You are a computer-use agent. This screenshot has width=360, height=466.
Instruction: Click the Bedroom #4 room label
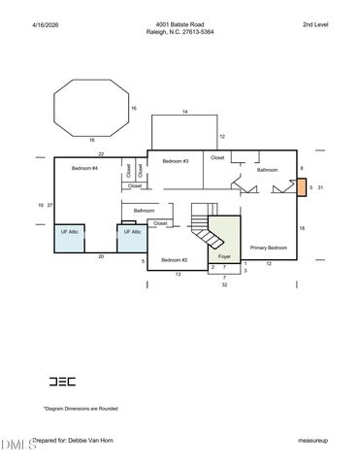[x=84, y=169]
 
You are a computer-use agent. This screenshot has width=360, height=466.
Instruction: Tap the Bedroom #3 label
[x=175, y=160]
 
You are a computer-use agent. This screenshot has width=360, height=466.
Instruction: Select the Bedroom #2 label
[x=175, y=260]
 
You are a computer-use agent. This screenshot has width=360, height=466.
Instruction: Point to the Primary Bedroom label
[x=269, y=248]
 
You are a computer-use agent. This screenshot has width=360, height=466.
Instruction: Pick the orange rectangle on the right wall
[x=301, y=187]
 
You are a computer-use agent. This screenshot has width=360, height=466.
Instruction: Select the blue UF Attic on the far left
[x=69, y=239]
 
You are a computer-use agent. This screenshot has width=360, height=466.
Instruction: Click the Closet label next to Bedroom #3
[x=217, y=157]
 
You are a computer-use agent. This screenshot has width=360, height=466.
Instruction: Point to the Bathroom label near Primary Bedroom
[x=267, y=170]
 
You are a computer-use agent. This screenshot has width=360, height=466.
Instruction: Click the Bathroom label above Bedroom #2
[x=146, y=211]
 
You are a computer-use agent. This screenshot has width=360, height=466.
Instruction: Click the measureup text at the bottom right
[x=312, y=441]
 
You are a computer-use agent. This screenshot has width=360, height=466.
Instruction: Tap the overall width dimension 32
[x=224, y=285]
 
